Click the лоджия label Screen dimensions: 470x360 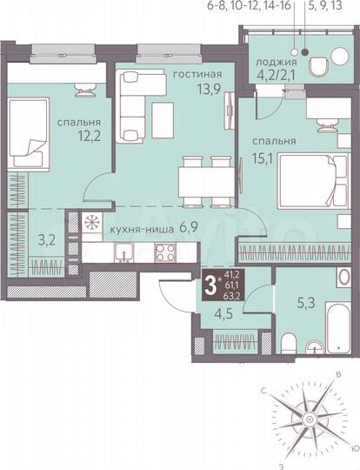pos(277,64)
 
